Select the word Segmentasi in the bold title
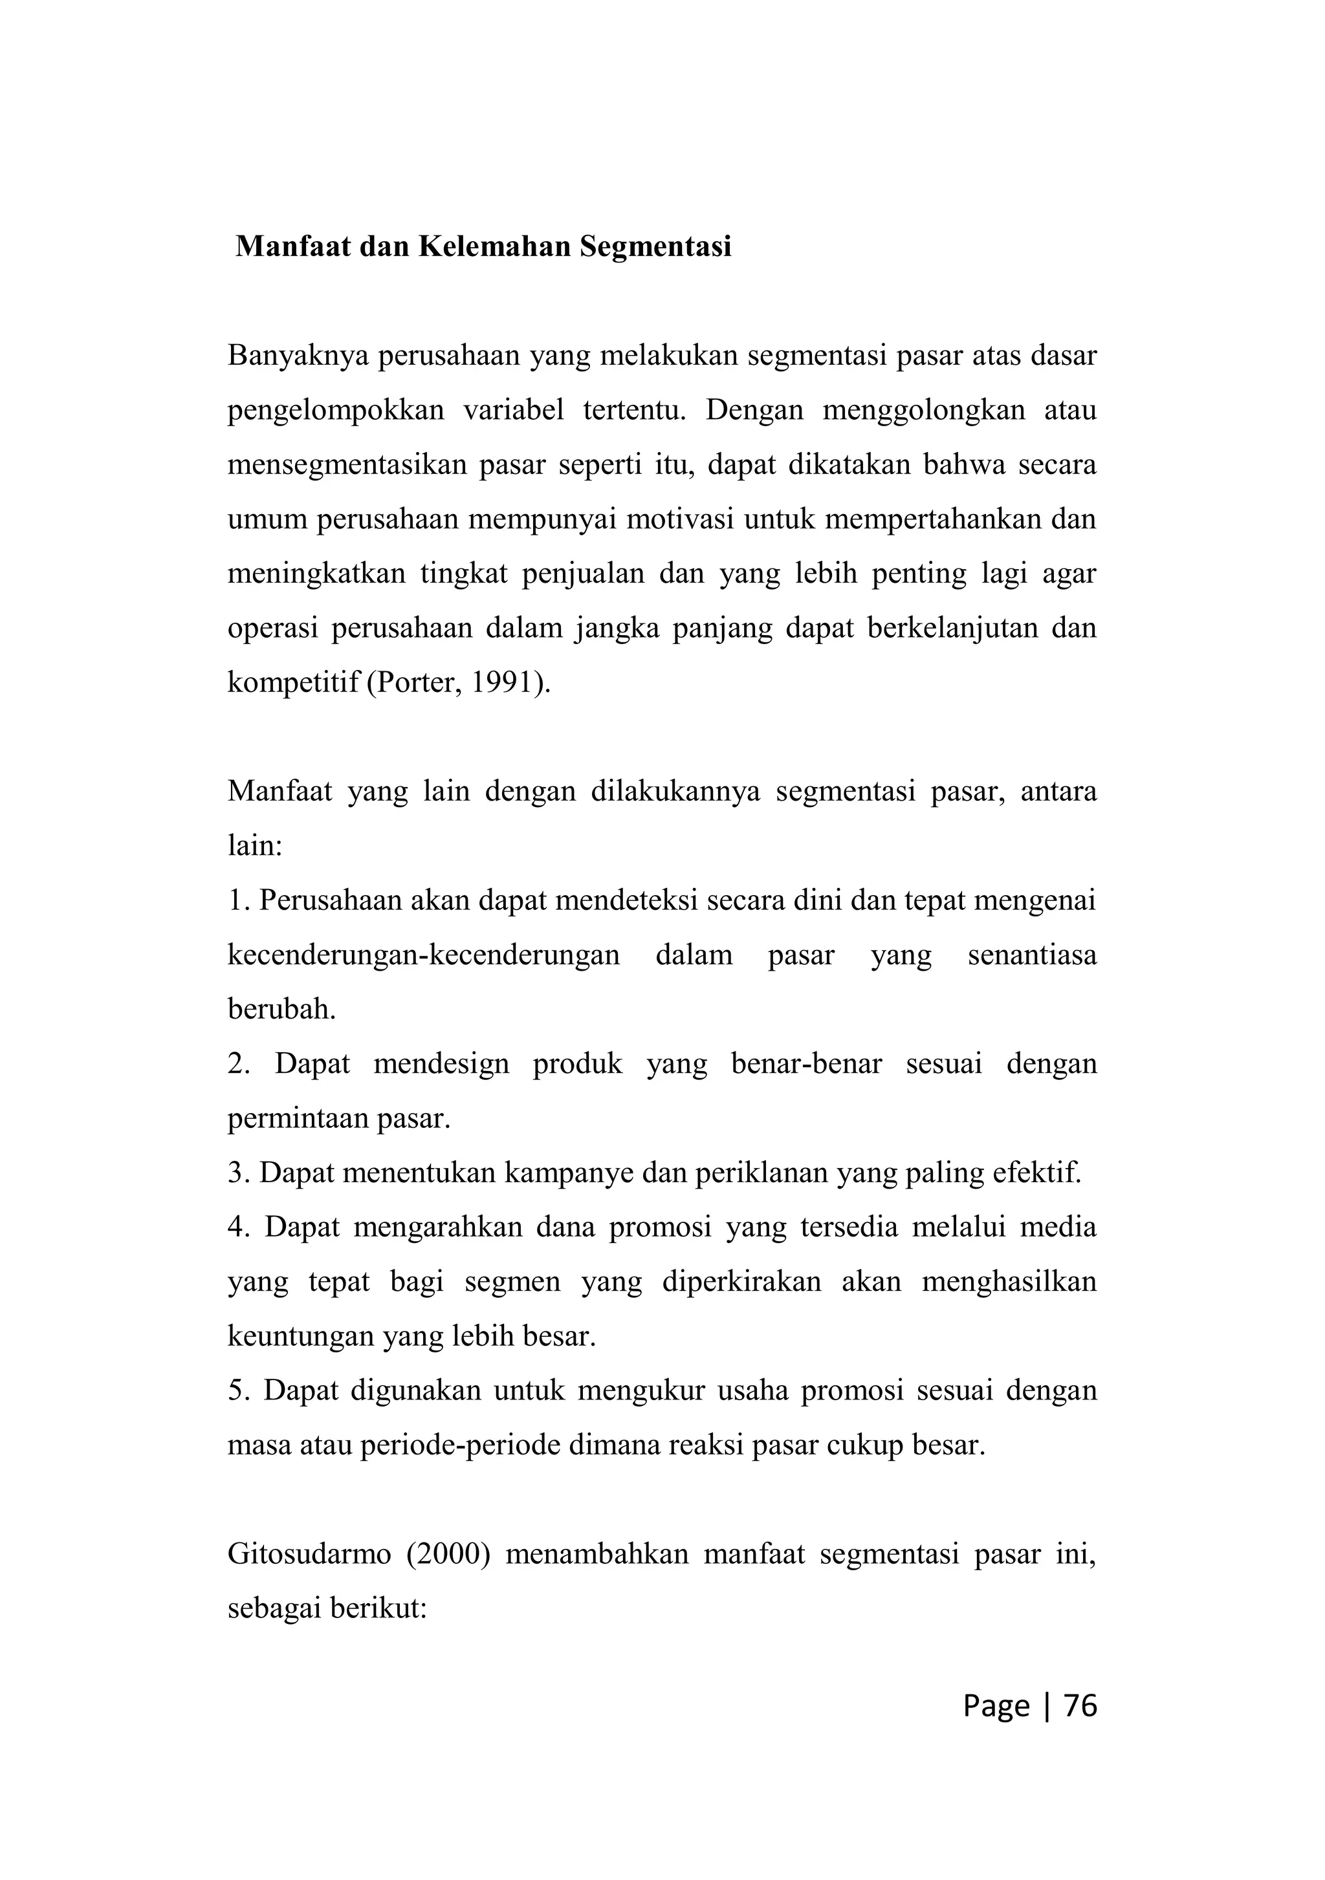pos(655,246)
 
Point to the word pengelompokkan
pos(335,410)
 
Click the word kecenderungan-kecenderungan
pos(423,955)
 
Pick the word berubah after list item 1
pos(281,1009)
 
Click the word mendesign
pos(441,1064)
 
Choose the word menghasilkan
pos(1009,1281)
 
